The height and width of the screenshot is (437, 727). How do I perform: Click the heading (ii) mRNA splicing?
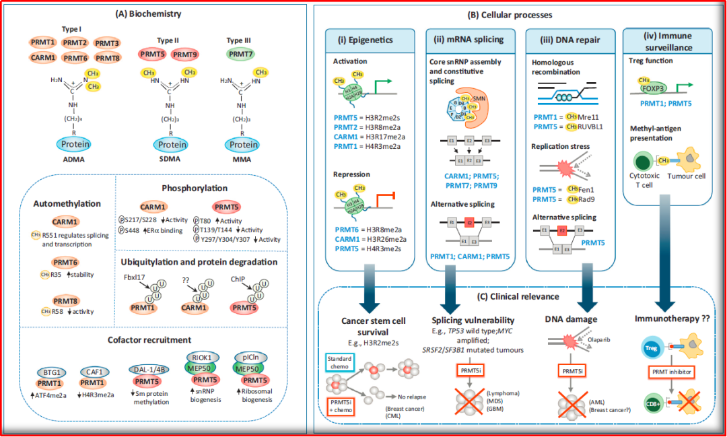470,40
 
